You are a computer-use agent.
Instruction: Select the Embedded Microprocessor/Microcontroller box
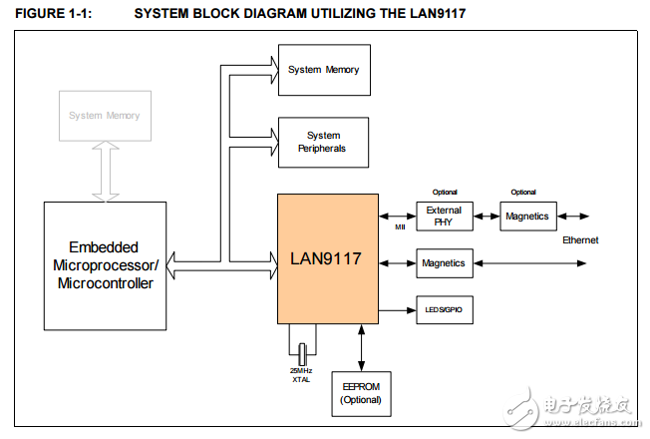coord(104,264)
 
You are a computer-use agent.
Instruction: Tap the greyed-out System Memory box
coord(104,116)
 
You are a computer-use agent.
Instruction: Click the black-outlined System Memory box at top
coord(323,70)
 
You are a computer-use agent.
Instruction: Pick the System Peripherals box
coord(323,142)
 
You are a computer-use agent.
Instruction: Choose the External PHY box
coord(444,217)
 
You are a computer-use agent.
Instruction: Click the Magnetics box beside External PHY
coord(526,217)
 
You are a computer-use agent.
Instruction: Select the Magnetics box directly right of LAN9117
coord(444,263)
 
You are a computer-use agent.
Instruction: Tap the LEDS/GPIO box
coord(444,311)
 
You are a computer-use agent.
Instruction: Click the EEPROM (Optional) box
coord(361,393)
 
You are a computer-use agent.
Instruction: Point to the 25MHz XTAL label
coord(301,374)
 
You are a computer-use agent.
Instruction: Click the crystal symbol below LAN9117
coord(301,352)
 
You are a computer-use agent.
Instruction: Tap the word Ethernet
coord(581,240)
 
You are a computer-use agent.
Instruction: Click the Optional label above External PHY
coord(444,192)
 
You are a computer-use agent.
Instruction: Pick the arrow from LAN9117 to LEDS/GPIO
coord(397,311)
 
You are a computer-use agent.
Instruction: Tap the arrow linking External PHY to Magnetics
coord(486,217)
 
